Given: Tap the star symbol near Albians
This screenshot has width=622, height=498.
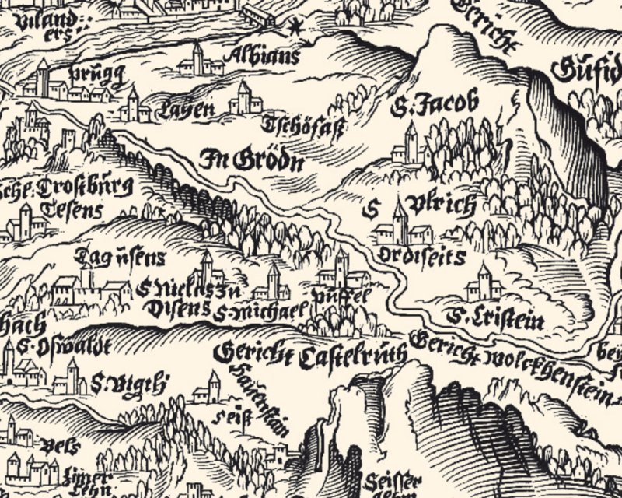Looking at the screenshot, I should pyautogui.click(x=295, y=29).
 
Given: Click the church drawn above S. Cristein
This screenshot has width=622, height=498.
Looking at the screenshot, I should pyautogui.click(x=484, y=282).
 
